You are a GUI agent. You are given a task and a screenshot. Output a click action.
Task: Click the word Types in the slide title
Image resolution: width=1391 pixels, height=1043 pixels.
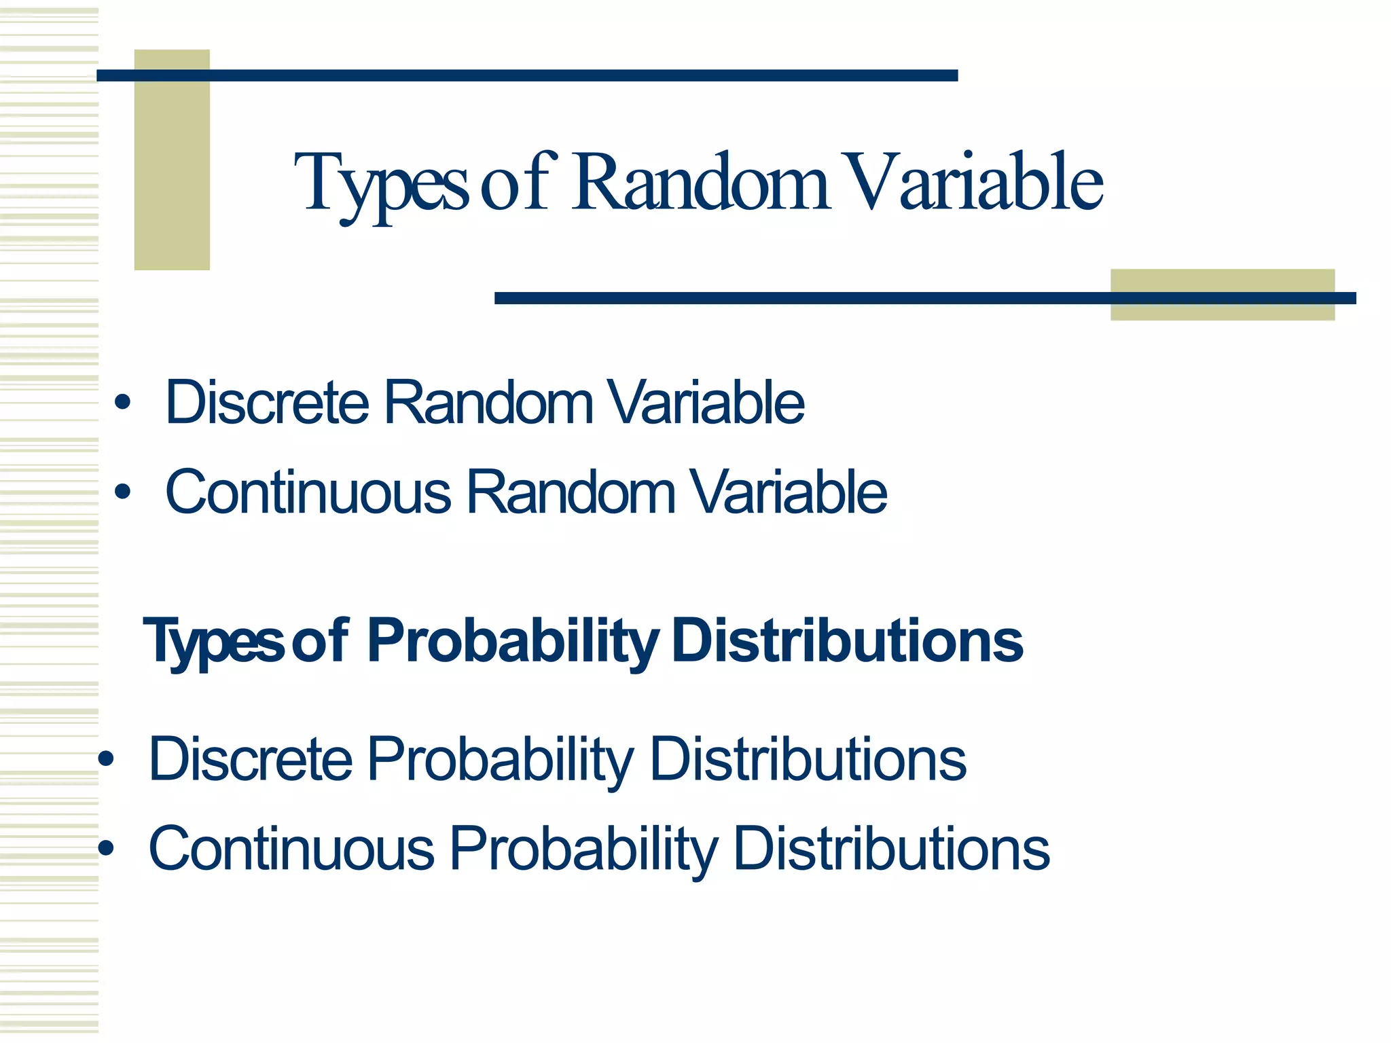coord(380,183)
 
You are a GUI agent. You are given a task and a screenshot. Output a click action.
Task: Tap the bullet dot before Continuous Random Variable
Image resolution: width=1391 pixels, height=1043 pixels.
coord(122,492)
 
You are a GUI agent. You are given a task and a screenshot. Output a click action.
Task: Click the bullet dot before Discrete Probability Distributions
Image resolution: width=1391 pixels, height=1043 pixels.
coord(106,758)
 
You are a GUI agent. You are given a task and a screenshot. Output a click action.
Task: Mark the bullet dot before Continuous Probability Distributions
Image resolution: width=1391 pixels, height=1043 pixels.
coord(106,848)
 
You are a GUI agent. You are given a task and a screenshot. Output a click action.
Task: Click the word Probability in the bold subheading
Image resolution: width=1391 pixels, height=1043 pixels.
coord(513,642)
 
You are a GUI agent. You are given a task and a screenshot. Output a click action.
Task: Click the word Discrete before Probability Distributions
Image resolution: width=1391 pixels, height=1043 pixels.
coord(251,759)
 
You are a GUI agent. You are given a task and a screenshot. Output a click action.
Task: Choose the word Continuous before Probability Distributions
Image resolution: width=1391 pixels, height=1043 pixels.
coord(291,849)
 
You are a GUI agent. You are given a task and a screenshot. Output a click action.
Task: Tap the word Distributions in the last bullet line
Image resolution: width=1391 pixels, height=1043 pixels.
coord(892,848)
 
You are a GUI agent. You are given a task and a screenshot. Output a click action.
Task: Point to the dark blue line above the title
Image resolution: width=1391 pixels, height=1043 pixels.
coord(527,75)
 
